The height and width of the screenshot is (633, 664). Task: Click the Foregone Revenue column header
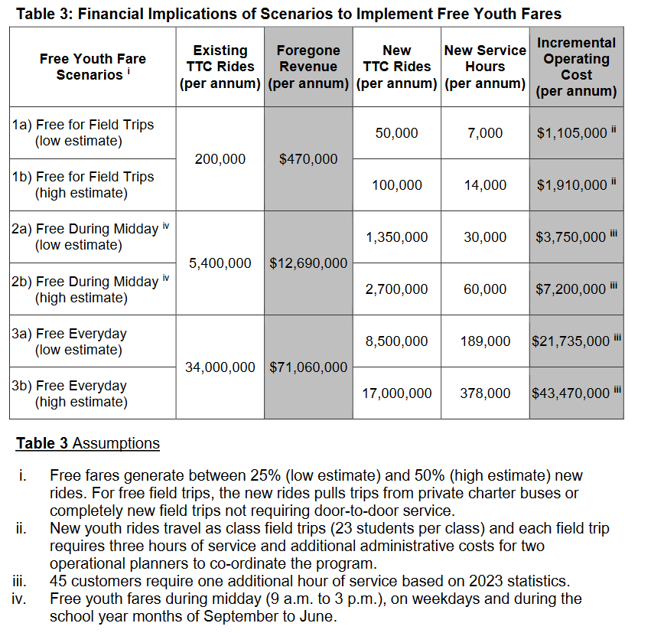(308, 67)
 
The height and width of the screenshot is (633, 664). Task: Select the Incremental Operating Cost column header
(575, 67)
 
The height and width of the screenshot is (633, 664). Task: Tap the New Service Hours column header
(485, 67)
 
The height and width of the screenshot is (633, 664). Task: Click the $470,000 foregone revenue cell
(308, 159)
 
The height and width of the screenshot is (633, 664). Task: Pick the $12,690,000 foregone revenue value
(308, 263)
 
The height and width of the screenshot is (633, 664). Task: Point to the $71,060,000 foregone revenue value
(308, 367)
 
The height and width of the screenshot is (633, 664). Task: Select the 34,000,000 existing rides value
(220, 367)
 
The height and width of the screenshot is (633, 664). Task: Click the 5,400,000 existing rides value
(220, 263)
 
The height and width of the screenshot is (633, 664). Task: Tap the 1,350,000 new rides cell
(396, 237)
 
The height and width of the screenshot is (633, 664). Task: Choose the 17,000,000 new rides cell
(396, 393)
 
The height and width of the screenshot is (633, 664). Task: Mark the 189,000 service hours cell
(485, 341)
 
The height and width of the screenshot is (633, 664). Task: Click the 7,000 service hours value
(485, 133)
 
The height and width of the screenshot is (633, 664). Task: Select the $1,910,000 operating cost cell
(572, 185)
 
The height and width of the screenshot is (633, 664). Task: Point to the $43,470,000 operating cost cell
(571, 393)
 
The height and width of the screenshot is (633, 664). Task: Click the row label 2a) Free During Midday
(86, 229)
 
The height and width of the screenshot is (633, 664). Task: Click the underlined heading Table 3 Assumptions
(88, 444)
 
